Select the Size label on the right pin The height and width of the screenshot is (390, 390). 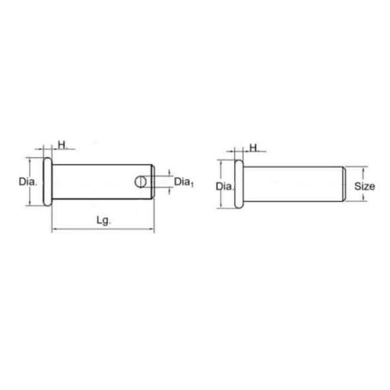pos(365,186)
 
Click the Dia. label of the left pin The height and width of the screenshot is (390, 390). pos(28,182)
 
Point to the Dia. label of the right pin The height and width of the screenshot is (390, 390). pos(224,187)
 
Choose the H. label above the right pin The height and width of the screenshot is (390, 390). pos(254,148)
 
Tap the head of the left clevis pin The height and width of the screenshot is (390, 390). pos(47,182)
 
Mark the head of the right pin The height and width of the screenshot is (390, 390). pos(239,186)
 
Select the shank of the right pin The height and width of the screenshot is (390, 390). pos(292,186)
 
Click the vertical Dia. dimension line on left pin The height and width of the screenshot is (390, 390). pos(30,195)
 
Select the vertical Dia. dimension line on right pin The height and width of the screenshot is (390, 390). pos(221,199)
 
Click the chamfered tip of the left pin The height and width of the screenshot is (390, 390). pos(153,182)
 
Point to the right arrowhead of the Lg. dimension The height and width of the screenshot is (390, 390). pos(152,229)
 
